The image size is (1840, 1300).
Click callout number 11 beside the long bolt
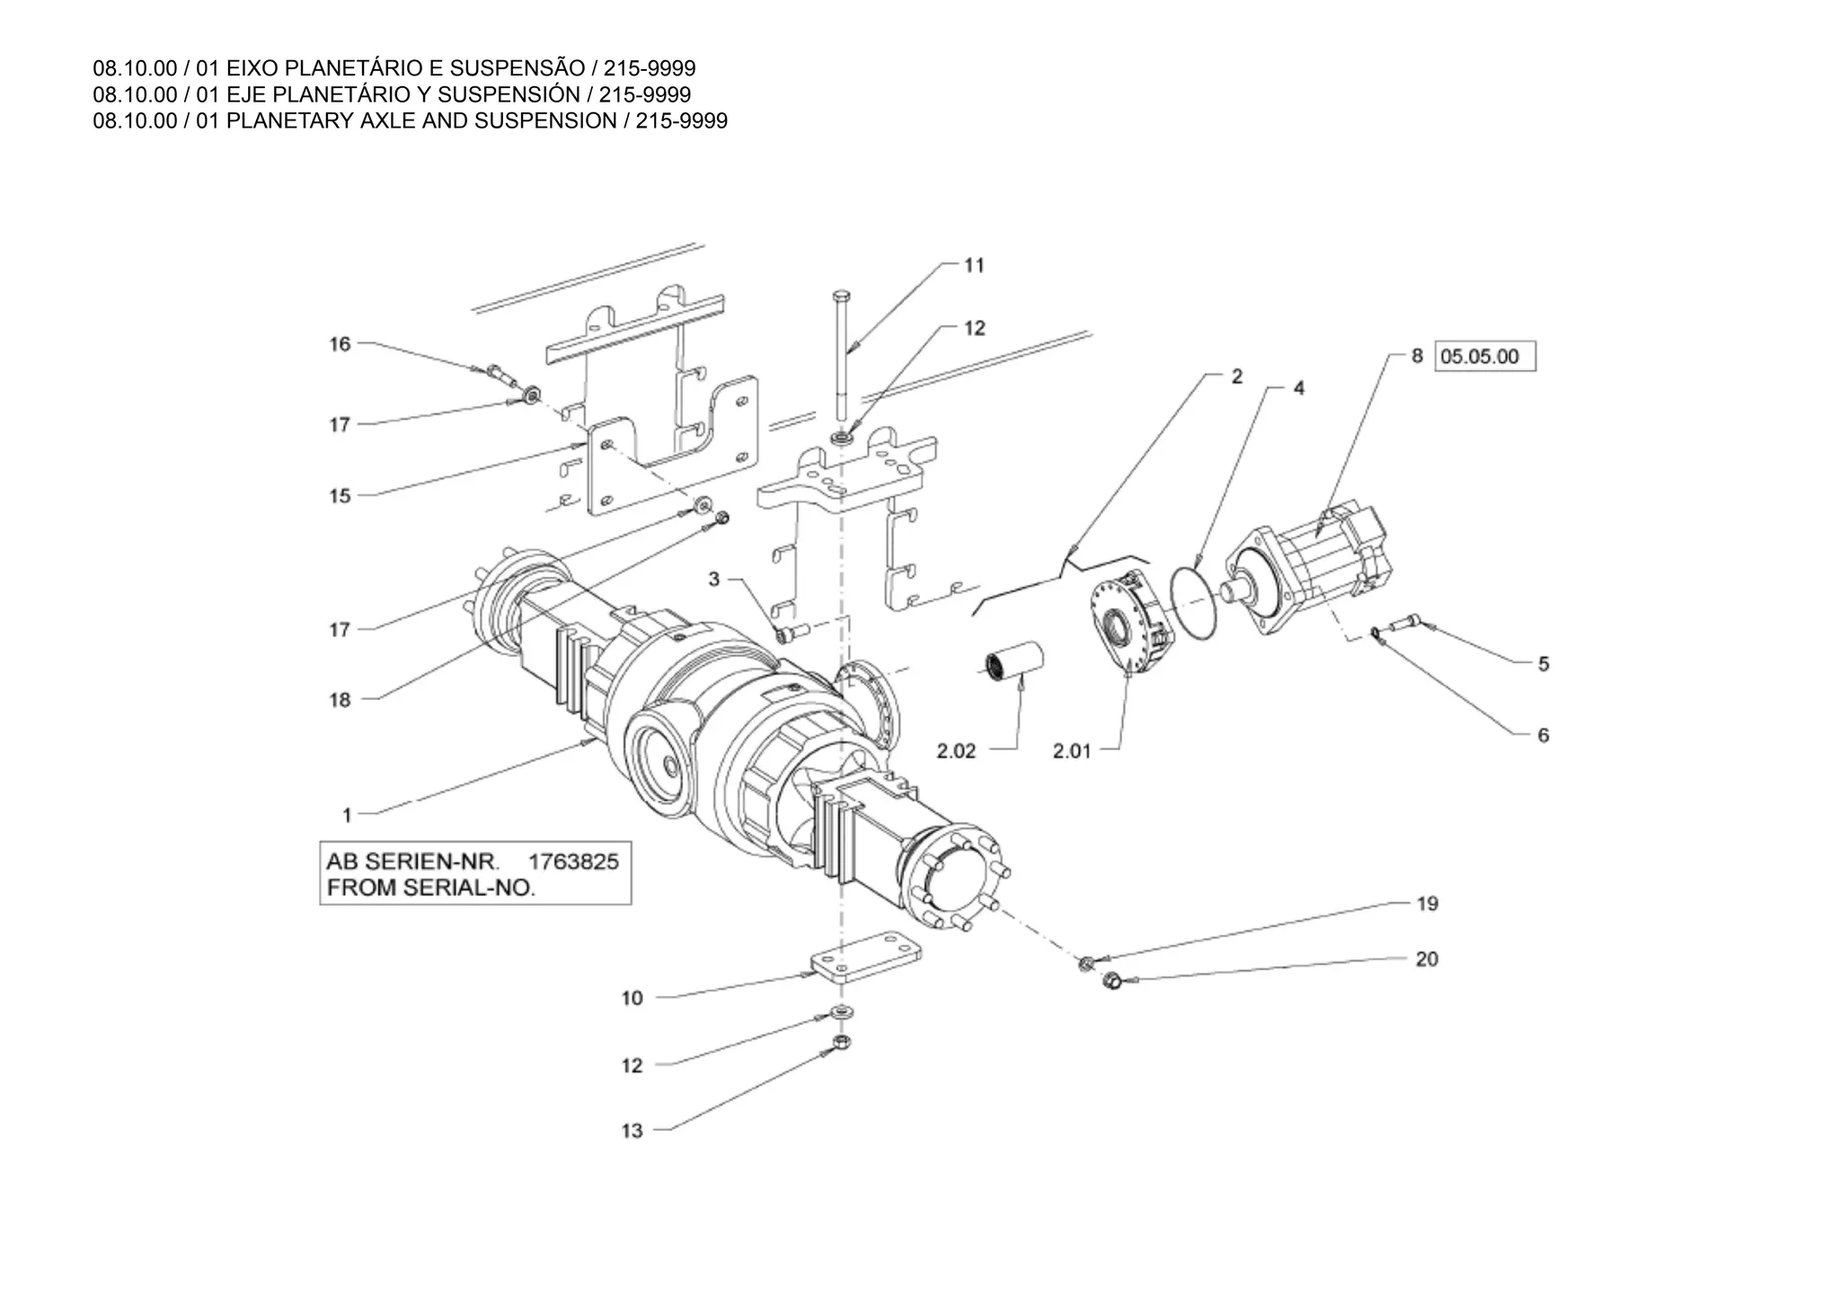click(974, 266)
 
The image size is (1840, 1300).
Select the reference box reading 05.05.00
click(1485, 357)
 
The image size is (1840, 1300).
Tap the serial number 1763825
click(573, 862)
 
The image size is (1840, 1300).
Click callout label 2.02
click(956, 751)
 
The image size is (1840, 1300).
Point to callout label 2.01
click(1072, 751)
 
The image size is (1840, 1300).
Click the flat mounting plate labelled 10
click(866, 962)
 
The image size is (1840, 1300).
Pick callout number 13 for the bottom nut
click(632, 1131)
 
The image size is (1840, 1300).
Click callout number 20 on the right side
click(1427, 960)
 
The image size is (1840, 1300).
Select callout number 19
click(1427, 904)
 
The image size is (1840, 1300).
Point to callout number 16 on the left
click(340, 344)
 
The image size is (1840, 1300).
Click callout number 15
click(340, 496)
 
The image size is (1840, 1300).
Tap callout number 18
click(340, 700)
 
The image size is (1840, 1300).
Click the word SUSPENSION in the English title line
click(545, 121)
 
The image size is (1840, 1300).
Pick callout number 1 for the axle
click(347, 816)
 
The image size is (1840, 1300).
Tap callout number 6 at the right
click(1544, 736)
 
